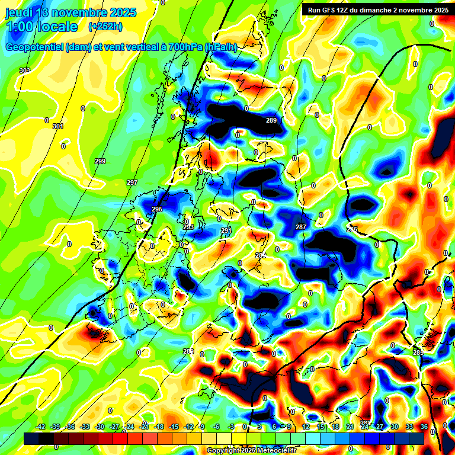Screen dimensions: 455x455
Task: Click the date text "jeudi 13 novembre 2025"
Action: click(71, 12)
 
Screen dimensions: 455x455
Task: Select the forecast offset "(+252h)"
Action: click(105, 27)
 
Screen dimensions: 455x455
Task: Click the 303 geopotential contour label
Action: click(24, 71)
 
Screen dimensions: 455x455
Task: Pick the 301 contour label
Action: click(57, 126)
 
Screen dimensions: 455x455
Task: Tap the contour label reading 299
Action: click(100, 161)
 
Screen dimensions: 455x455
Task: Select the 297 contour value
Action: click(132, 182)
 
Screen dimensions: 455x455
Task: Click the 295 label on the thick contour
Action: click(157, 209)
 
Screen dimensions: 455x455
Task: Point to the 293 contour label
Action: click(188, 227)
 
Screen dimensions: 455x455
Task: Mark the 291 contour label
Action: click(226, 230)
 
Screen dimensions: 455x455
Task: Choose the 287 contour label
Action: click(301, 227)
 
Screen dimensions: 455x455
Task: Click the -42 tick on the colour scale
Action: click(41, 427)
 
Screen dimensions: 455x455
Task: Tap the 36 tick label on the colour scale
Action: click(425, 427)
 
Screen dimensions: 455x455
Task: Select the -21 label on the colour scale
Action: click(144, 427)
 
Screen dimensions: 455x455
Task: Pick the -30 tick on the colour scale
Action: click(100, 427)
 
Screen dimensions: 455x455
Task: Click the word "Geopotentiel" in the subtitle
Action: click(35, 47)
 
